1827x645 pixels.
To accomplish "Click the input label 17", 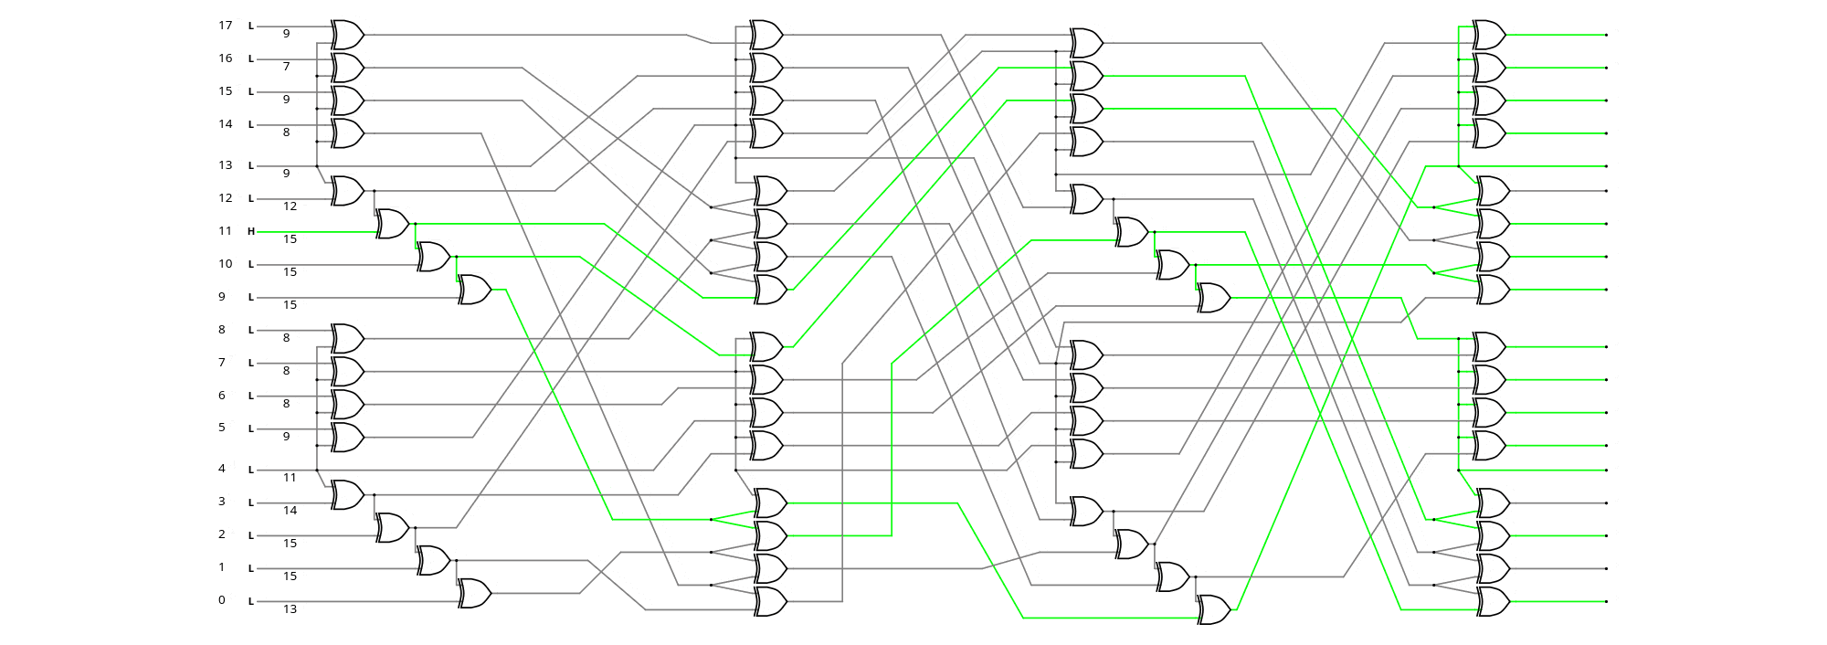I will (225, 26).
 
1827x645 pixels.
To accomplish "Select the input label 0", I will (221, 600).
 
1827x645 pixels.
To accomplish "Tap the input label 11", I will (225, 231).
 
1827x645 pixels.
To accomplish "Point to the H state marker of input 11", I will (251, 232).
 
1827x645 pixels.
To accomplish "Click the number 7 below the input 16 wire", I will (286, 67).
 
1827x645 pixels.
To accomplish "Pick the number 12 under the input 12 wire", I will (290, 206).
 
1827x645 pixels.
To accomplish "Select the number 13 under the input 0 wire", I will (290, 609).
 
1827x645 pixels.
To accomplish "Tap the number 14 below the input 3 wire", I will (290, 511).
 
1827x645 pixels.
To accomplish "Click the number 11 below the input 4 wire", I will (290, 478).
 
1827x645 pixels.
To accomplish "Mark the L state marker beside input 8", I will (251, 331).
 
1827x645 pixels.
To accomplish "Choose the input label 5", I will (221, 428).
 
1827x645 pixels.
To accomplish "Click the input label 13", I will (225, 165).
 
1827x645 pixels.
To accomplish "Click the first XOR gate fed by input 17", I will (347, 35).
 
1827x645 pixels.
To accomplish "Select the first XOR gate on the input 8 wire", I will (347, 338).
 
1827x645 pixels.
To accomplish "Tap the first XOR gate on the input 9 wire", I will (474, 290).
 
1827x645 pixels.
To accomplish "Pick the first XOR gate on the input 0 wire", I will (474, 593).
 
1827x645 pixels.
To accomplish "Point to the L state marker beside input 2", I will (251, 535).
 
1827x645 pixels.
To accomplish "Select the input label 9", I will (221, 297).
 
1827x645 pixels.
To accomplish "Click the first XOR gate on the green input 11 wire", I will (392, 224).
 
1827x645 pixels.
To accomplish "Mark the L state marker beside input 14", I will (251, 125).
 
